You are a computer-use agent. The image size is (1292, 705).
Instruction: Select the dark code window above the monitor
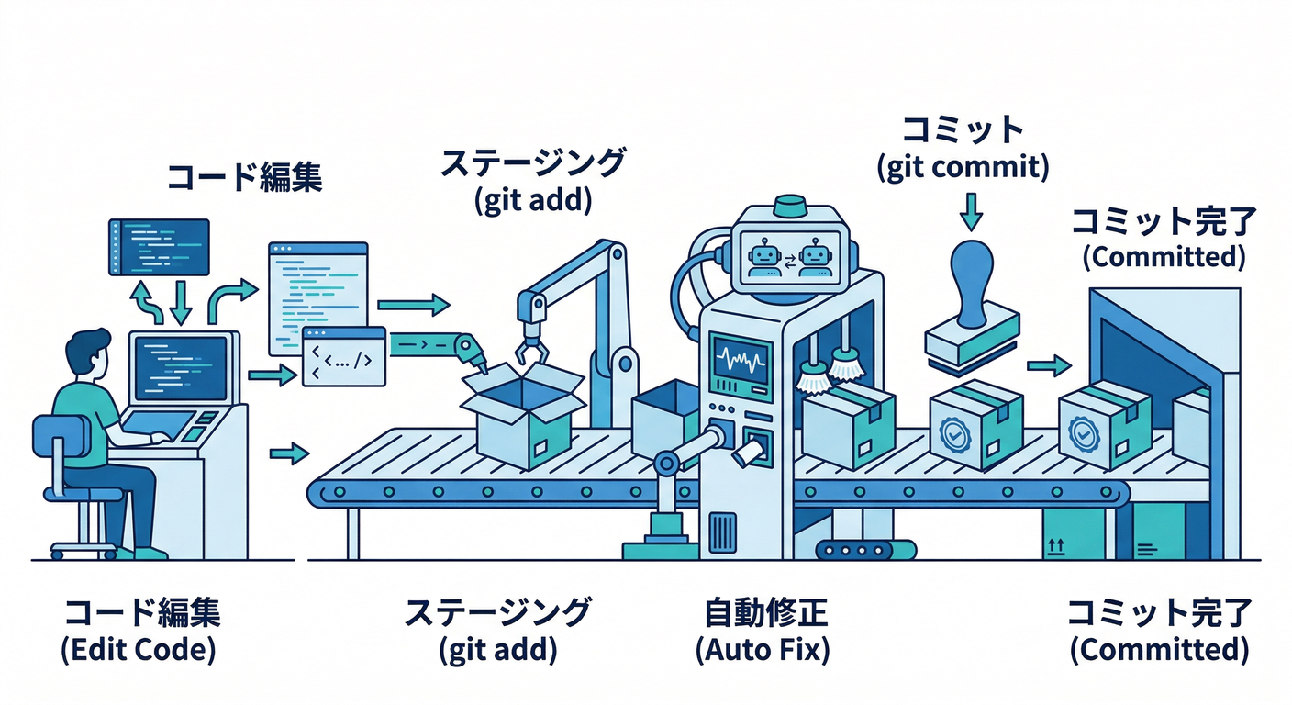click(x=159, y=246)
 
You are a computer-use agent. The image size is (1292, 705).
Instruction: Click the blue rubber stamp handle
click(x=970, y=285)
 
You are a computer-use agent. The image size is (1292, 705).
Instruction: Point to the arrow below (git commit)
click(x=971, y=213)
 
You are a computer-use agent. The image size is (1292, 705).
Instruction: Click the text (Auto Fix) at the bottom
click(x=763, y=650)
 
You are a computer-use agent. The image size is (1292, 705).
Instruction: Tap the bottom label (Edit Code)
click(x=139, y=650)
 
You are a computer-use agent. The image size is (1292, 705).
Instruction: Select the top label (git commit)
click(x=963, y=169)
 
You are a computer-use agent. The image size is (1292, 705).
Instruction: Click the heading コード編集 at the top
click(x=243, y=176)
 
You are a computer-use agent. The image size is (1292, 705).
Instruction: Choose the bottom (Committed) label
click(x=1159, y=650)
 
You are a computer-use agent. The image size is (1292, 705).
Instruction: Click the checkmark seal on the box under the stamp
click(x=954, y=431)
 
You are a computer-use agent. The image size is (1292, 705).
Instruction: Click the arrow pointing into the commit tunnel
click(x=1049, y=366)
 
